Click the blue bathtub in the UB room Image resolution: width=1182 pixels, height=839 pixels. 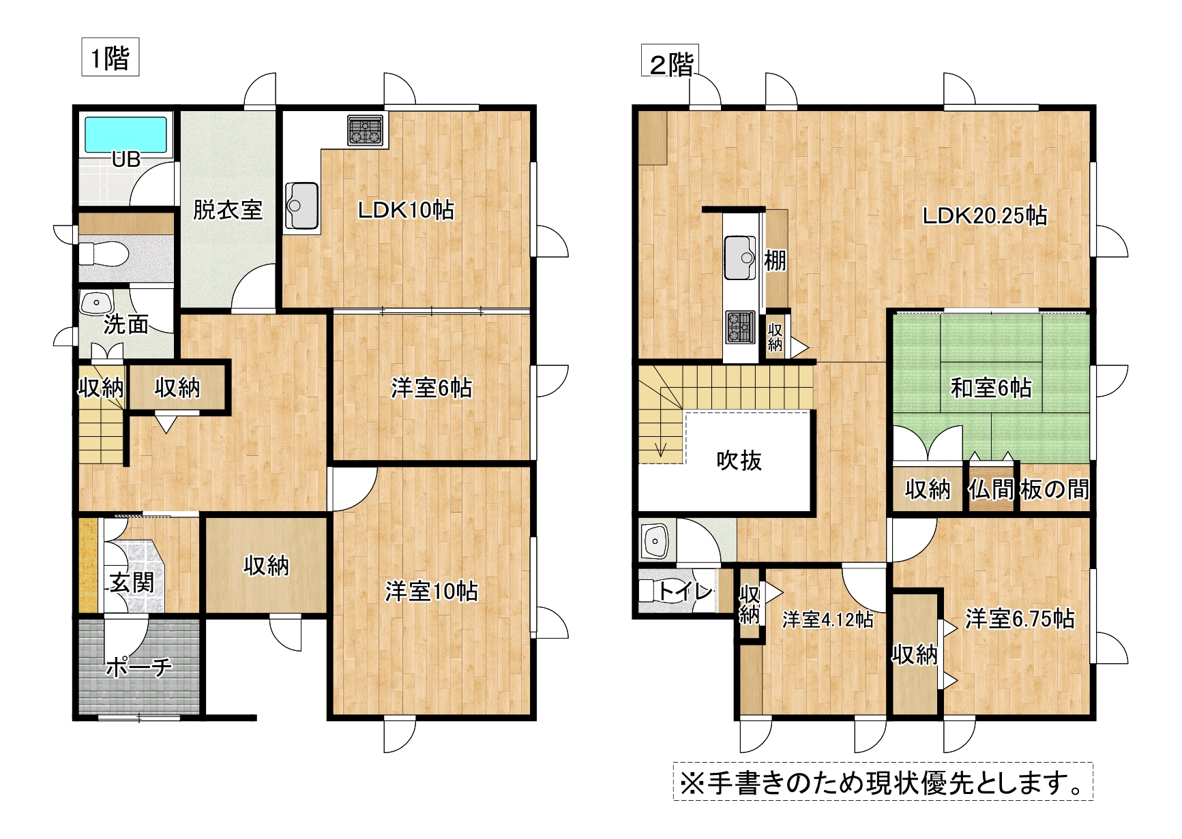[125, 134]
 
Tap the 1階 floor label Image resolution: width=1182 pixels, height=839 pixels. [110, 57]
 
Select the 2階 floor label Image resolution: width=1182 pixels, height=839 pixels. [671, 65]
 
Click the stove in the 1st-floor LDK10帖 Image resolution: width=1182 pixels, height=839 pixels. [366, 130]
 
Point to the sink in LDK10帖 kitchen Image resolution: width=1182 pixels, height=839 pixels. [301, 206]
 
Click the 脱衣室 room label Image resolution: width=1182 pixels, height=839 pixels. [227, 209]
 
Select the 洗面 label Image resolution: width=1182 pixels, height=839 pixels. [126, 324]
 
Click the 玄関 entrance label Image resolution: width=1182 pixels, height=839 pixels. [132, 583]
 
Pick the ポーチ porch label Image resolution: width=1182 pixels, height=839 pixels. [138, 666]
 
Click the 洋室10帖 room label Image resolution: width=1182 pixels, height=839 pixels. [432, 591]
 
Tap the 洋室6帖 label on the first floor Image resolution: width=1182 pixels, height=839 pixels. [432, 388]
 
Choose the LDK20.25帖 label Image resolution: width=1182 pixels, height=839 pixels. [985, 215]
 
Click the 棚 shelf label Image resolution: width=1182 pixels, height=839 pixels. [775, 260]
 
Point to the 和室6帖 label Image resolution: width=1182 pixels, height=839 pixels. [991, 388]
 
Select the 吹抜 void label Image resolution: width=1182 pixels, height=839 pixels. [739, 461]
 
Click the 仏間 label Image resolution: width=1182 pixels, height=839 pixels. [991, 489]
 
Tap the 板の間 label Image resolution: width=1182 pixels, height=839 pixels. [1054, 489]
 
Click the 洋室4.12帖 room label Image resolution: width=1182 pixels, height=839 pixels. [827, 619]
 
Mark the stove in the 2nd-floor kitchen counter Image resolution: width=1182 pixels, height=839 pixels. [740, 326]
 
